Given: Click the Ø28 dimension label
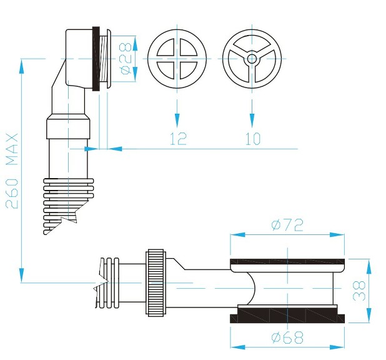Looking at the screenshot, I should tap(125, 57).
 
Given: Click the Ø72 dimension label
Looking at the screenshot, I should tap(287, 225).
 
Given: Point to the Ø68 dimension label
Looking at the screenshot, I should tap(287, 338).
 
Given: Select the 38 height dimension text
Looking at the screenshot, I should tap(359, 291).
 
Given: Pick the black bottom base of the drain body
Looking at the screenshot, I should tap(287, 315).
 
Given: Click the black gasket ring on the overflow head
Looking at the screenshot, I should tap(96, 58).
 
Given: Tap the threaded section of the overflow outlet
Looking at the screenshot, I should tap(104, 58).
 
